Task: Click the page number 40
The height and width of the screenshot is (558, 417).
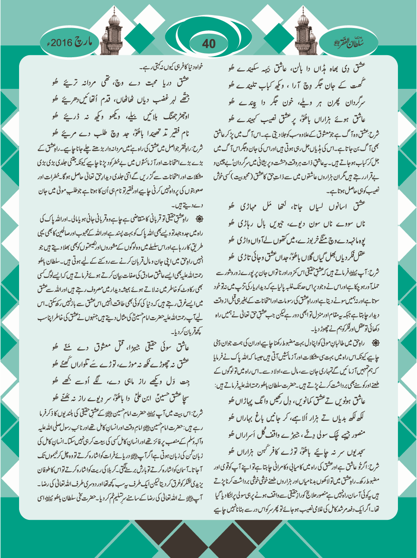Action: (208, 43)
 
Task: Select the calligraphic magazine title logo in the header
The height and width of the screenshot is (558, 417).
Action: (350, 42)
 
